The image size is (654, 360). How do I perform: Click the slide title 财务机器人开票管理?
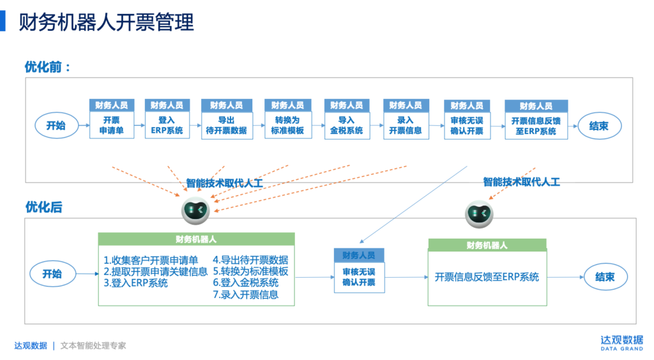[x=106, y=22]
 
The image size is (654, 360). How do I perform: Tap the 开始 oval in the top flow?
[x=56, y=126]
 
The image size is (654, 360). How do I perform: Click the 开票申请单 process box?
[x=112, y=126]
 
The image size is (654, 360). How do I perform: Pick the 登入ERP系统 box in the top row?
[x=167, y=126]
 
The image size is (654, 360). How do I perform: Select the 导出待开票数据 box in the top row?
[x=227, y=126]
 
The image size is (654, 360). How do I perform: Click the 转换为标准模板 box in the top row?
[x=287, y=126]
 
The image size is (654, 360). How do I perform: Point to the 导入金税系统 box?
[x=347, y=126]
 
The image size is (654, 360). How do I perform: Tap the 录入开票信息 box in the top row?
[x=406, y=126]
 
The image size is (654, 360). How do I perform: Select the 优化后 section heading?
[x=43, y=207]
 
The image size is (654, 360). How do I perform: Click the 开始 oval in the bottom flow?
[x=52, y=274]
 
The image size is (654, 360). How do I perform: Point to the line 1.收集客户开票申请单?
[x=151, y=260]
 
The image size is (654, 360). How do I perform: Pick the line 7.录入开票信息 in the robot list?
[x=246, y=295]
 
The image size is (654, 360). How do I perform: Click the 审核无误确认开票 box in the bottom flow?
[x=359, y=277]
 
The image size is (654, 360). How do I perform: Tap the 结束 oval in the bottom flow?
[x=605, y=277]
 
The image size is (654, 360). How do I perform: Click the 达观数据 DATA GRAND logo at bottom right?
[x=621, y=343]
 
